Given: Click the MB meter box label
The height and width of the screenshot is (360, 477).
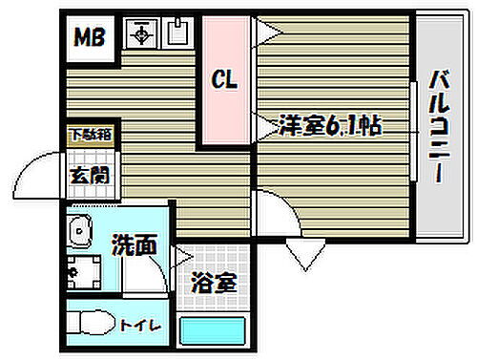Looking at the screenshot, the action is coord(92,39).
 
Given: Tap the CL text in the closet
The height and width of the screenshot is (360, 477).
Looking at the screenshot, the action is coord(225,81).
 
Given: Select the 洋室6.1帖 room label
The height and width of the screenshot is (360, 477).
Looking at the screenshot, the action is coord(329,124).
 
